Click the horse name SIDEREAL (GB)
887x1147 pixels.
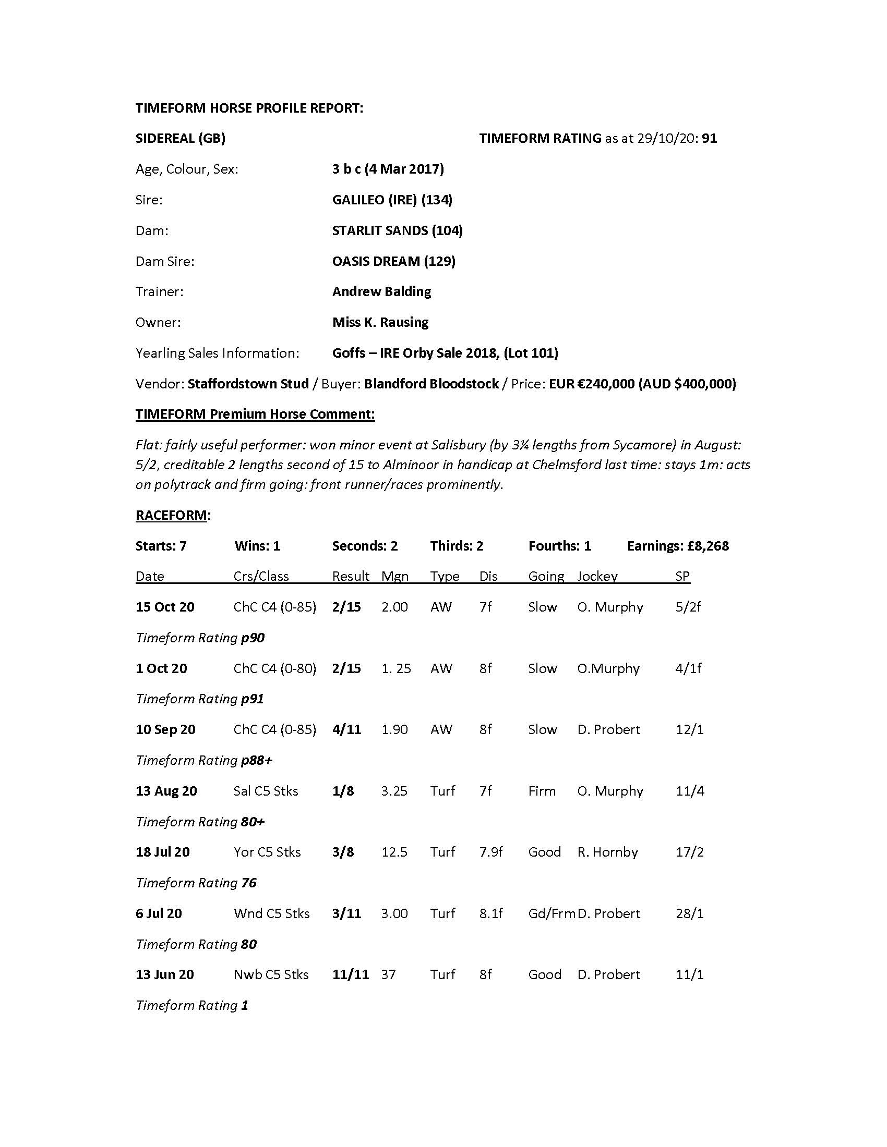click(180, 138)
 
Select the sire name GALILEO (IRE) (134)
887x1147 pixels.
click(392, 200)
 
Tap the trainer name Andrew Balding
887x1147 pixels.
click(381, 291)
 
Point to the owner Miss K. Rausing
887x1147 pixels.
click(380, 322)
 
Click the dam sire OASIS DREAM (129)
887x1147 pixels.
click(393, 261)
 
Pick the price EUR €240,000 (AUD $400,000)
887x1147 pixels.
click(642, 383)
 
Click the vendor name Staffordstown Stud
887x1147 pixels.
click(248, 383)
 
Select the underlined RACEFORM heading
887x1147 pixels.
click(171, 515)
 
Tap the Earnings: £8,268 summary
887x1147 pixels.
click(678, 546)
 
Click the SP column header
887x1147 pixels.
click(682, 576)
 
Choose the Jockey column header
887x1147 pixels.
click(597, 576)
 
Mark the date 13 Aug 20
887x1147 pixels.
click(166, 791)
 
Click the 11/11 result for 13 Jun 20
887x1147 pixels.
click(351, 974)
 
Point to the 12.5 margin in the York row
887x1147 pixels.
click(394, 852)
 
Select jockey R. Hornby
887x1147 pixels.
click(607, 852)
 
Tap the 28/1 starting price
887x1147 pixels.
click(689, 913)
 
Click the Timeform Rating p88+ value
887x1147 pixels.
click(256, 760)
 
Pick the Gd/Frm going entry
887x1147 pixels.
click(551, 913)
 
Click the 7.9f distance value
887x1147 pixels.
click(491, 852)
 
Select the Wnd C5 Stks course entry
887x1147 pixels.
click(272, 913)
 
